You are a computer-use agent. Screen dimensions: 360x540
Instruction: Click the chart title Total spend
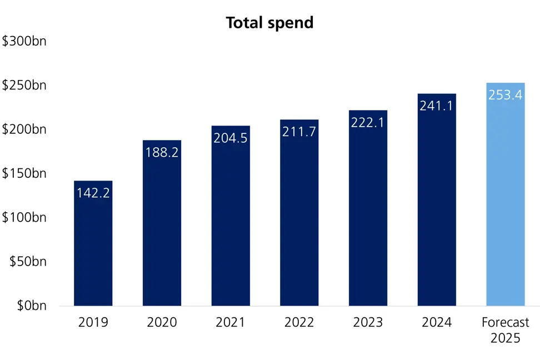269,23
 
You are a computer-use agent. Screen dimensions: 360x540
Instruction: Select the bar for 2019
93,250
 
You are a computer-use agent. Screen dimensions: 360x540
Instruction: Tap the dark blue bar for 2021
231,222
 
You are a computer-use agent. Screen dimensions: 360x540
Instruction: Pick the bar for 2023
368,217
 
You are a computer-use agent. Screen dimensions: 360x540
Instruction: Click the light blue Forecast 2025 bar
505,206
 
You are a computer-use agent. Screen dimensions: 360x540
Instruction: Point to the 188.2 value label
162,152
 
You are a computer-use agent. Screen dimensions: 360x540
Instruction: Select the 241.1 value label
436,106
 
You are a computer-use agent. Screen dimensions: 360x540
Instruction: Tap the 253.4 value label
505,95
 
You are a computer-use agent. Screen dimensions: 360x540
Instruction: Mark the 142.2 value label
93,193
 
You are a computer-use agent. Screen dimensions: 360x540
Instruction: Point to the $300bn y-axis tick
24,42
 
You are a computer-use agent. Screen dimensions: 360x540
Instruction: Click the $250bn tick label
24,86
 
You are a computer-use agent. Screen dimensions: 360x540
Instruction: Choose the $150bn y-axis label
24,173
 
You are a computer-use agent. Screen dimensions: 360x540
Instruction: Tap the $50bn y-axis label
28,262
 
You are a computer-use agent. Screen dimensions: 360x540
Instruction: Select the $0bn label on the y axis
31,306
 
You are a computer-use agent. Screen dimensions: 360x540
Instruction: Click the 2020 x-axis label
162,322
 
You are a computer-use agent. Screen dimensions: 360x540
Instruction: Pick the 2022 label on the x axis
299,322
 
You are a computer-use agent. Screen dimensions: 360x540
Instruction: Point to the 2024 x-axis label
436,322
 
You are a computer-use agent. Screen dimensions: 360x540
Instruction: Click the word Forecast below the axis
505,322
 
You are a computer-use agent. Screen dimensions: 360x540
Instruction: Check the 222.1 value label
368,122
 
